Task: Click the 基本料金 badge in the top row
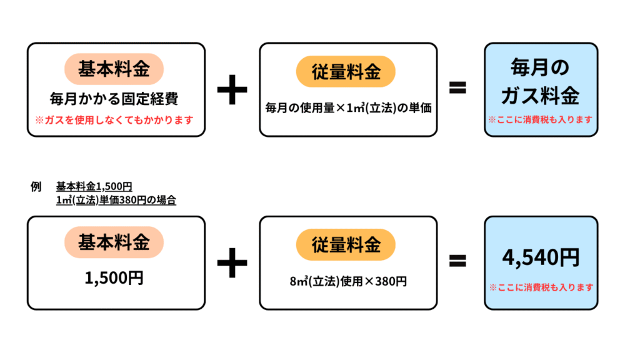[x=114, y=69]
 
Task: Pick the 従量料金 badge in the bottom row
[x=346, y=244]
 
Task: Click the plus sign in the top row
[x=232, y=90]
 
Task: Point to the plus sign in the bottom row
[x=232, y=262]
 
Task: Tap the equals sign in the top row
[x=458, y=88]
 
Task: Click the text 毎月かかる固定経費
[x=114, y=99]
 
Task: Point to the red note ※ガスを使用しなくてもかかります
[x=114, y=119]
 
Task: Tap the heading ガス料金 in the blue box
[x=541, y=96]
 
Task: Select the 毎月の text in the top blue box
[x=541, y=66]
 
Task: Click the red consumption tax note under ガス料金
[x=541, y=119]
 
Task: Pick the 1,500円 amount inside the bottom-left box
[x=114, y=277]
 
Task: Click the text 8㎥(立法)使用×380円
[x=348, y=281]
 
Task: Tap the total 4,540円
[x=541, y=257]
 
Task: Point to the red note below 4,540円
[x=541, y=287]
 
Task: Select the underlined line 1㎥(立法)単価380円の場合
[x=116, y=201]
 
